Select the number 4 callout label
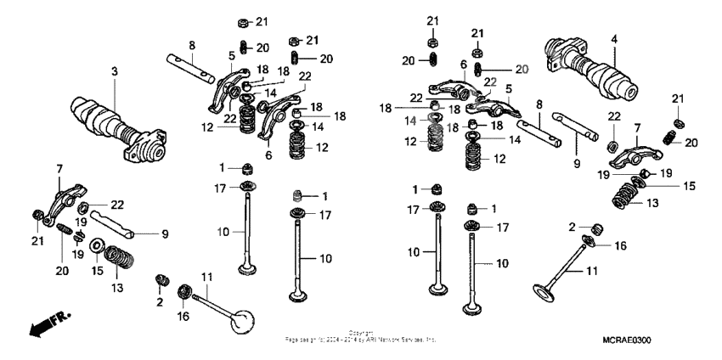613,38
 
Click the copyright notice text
361,337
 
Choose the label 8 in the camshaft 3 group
192,45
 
